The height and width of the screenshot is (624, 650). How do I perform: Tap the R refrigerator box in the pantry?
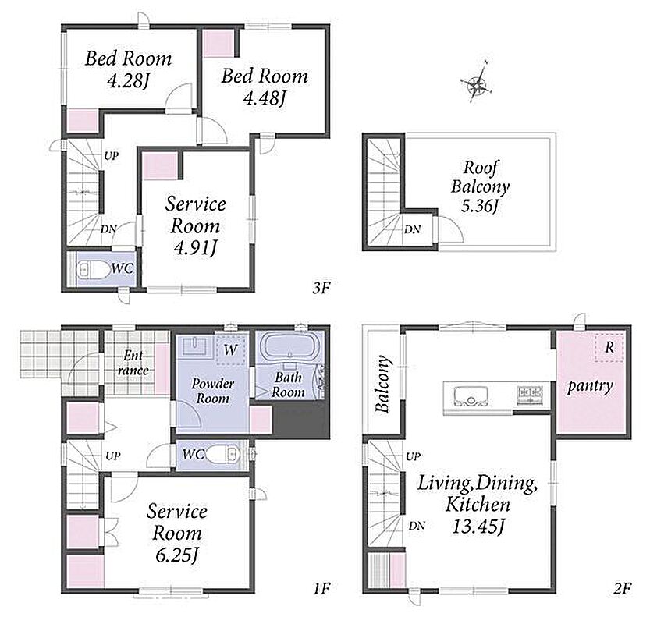pos(609,347)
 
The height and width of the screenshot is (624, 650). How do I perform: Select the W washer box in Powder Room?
pos(230,350)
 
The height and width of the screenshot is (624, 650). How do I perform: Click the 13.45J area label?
pos(478,527)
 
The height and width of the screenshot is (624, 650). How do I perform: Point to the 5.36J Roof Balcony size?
pos(479,206)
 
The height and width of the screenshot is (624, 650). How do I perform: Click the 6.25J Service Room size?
pos(176,555)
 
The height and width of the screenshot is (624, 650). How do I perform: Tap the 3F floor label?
pos(321,287)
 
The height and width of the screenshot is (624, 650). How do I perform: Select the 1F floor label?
pos(321,588)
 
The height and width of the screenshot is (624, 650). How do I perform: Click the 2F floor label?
pos(623,588)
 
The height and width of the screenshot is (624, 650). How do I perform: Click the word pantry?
pos(590,386)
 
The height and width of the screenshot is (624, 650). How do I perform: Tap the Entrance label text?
pos(133,363)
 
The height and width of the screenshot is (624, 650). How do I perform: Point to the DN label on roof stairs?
pos(413,229)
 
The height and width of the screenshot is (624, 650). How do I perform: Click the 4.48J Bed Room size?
pos(265,98)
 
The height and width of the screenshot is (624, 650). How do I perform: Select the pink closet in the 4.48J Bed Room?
pos(219,43)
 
